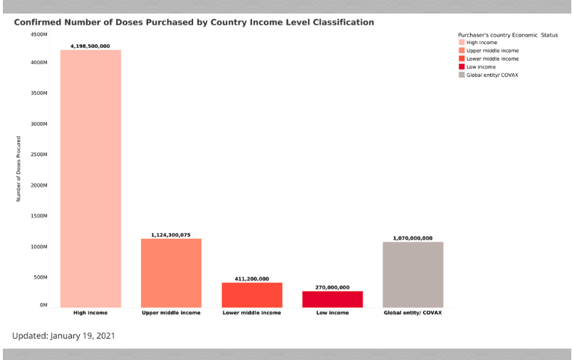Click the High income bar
pos(90,178)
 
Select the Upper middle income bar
pos(171,273)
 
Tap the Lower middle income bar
pos(252,295)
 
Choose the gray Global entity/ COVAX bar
pos(413,274)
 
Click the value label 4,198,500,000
pos(90,46)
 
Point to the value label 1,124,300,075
pos(171,235)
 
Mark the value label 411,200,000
pos(252,279)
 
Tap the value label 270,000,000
pos(333,287)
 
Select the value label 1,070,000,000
pos(413,238)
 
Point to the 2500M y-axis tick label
pos(38,155)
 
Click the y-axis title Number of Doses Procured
pos(19,168)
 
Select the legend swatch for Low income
pos(462,66)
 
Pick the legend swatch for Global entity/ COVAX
pos(462,74)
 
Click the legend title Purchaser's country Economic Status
pos(507,34)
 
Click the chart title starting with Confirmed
pos(194,22)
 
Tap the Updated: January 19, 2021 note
pos(63,334)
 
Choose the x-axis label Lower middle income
pos(252,312)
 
